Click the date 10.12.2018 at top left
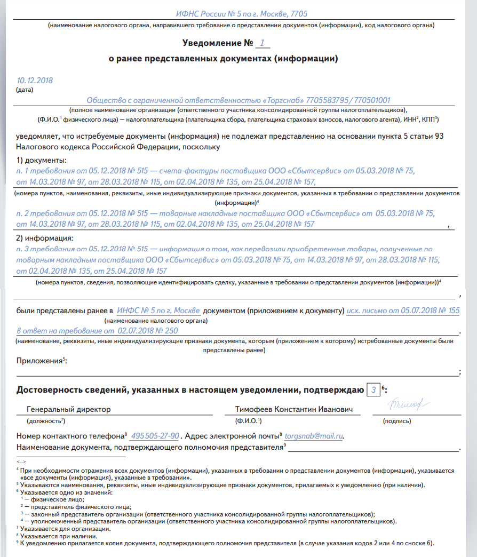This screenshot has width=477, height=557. pos(35,81)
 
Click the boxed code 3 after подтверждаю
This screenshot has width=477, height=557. pos(373,391)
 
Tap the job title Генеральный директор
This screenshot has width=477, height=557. pos(68,410)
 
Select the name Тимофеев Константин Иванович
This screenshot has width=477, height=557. pos(295,410)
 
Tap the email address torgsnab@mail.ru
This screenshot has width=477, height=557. pos(314,436)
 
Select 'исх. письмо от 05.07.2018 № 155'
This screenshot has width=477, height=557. pos(403,311)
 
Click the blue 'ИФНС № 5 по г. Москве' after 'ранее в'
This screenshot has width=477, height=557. pos(158,311)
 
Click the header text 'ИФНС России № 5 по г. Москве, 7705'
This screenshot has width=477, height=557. pos(242,14)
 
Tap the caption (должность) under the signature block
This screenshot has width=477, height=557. pos(42,421)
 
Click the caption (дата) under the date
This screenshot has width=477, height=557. pos(25,90)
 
